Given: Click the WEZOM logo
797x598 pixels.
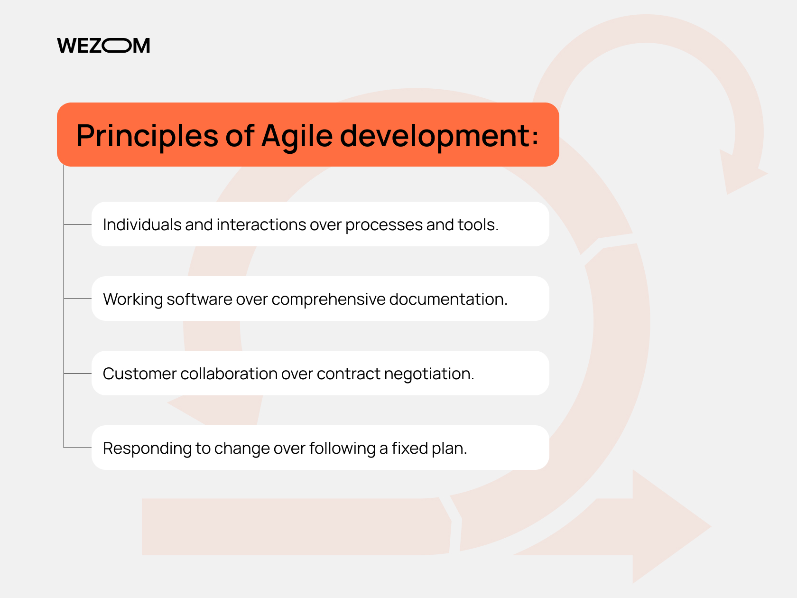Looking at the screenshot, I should [x=103, y=46].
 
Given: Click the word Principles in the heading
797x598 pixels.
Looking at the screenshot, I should [x=147, y=136].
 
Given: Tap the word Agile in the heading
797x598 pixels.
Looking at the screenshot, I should [x=297, y=136].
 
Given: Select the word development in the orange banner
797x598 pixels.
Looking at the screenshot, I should [x=435, y=136].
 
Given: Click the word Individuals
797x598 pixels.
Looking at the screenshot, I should [x=142, y=224].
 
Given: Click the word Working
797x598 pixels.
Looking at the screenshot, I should [x=133, y=299].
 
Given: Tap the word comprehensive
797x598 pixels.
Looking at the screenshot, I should [x=328, y=299].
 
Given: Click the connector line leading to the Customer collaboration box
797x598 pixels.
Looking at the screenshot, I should [x=78, y=373].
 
